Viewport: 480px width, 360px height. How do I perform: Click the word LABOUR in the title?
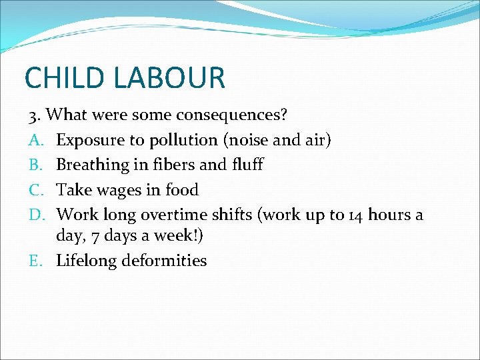(x=170, y=77)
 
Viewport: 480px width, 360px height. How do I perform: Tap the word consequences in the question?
(x=231, y=115)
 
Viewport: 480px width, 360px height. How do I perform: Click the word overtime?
(x=185, y=215)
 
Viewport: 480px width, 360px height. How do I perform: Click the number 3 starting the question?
(x=32, y=115)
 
